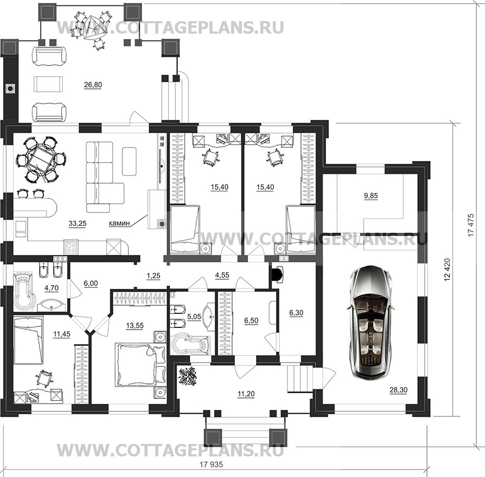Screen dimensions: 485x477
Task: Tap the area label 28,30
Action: point(398,390)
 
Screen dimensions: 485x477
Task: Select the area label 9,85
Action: point(371,196)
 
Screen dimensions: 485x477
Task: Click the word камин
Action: point(119,223)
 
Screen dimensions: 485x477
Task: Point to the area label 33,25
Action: point(77,223)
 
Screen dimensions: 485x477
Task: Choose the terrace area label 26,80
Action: point(93,85)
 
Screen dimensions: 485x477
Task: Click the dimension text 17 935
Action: point(211,465)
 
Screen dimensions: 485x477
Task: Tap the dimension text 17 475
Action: point(471,225)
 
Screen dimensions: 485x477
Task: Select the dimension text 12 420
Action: point(447,270)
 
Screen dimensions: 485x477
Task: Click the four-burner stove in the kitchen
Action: point(71,247)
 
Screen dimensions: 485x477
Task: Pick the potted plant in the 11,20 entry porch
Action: point(188,376)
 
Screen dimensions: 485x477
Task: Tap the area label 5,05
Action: point(194,317)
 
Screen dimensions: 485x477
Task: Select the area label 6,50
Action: point(251,320)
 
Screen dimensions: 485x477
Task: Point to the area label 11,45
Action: point(62,334)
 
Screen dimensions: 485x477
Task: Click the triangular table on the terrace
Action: point(93,28)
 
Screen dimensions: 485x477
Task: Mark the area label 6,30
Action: point(296,313)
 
